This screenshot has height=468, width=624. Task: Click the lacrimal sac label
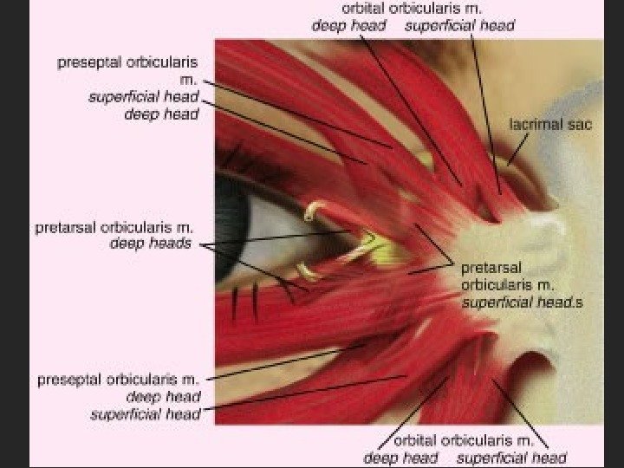549,124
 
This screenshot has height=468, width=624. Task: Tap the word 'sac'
579,124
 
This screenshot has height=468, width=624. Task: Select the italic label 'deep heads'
150,244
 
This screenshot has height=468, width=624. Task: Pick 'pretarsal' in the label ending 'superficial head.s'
491,268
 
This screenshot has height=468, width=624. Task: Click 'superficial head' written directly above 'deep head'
144,96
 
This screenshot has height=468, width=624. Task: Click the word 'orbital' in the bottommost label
416,440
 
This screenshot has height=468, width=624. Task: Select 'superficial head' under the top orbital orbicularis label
458,25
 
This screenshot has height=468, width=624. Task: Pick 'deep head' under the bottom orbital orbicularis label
400,458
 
